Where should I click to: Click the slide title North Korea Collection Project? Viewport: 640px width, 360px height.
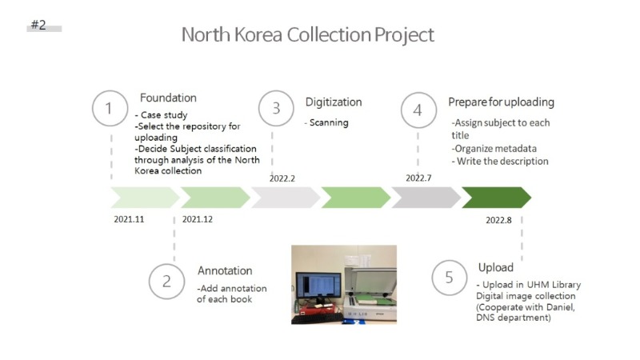point(308,34)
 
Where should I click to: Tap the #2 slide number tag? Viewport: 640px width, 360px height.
point(38,25)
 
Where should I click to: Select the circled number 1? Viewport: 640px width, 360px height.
point(110,108)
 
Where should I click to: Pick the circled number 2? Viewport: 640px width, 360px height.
point(166,282)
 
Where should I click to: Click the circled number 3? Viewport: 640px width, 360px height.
point(276,108)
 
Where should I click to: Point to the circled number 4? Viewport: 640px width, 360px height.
point(418,110)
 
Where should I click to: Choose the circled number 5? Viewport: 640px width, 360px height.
point(450,278)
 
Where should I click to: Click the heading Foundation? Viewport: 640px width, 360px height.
point(168,98)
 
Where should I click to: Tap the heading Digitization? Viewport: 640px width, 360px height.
point(334,102)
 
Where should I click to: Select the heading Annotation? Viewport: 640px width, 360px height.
point(225,270)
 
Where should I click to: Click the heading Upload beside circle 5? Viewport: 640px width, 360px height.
point(495,267)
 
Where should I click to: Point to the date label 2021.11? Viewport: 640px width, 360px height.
point(129,219)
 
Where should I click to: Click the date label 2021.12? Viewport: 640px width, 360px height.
point(197,219)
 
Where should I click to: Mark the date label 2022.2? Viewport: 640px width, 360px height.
point(282,178)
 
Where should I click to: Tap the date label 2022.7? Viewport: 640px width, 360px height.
point(418,178)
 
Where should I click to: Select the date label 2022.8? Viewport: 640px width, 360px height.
point(498,220)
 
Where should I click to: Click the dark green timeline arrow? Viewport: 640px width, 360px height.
point(496,198)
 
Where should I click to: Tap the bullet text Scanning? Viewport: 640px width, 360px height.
point(329,122)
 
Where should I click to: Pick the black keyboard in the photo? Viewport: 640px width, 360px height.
point(317,318)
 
